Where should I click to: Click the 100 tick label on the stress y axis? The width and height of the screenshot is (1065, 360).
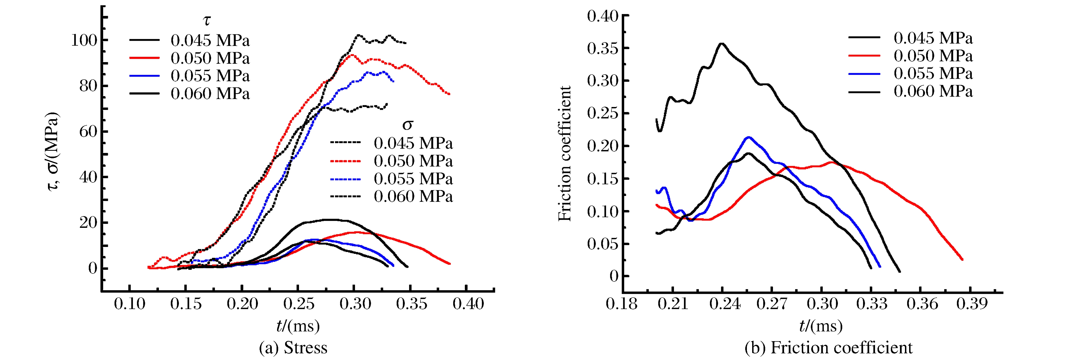click(84, 40)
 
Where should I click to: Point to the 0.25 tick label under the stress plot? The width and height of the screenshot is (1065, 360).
click(299, 304)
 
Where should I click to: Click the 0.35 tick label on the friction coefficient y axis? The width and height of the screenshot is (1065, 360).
click(602, 48)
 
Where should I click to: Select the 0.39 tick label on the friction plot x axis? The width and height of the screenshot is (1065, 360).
click(972, 304)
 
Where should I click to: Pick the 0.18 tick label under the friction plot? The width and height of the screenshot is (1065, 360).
click(621, 304)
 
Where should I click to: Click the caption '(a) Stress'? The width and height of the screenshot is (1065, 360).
click(293, 348)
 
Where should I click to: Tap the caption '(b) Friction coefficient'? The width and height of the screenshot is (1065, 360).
click(828, 348)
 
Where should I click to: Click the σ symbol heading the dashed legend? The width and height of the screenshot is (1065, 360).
click(408, 124)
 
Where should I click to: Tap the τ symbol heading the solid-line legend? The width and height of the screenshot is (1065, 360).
click(207, 20)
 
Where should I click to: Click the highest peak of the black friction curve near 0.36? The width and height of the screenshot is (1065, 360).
click(722, 44)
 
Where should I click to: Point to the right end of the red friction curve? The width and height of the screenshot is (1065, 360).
click(962, 260)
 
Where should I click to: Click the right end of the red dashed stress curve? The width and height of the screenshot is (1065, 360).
click(449, 94)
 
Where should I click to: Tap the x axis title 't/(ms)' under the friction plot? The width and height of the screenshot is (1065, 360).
click(821, 326)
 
